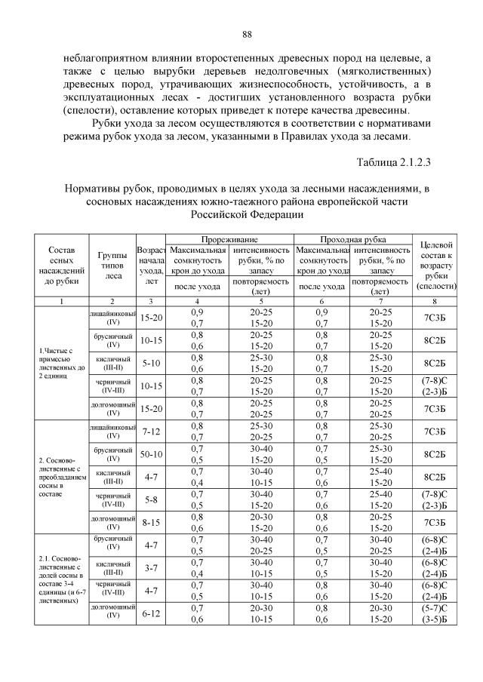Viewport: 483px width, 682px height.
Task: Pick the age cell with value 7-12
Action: pos(151,431)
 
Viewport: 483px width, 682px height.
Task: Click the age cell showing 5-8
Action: pos(151,499)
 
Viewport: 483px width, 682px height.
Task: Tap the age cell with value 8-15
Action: pos(151,522)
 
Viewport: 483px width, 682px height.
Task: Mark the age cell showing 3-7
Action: pos(151,568)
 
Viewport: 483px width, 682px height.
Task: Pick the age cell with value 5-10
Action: pos(151,363)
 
